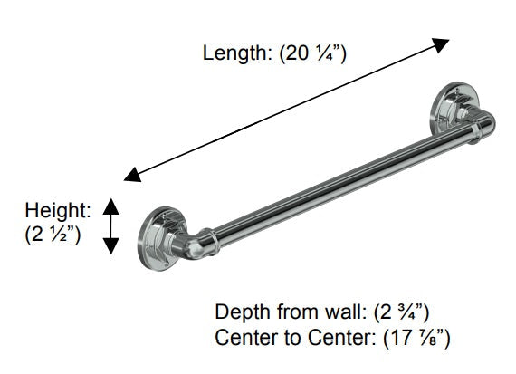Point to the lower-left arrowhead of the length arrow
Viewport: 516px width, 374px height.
point(132,175)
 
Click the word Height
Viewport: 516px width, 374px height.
point(58,210)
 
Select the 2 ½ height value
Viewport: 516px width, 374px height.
point(53,235)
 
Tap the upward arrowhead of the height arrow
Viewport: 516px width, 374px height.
point(110,206)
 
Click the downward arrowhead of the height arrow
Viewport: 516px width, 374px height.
point(110,246)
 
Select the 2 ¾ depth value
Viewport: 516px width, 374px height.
point(401,312)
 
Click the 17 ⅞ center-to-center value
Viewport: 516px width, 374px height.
point(416,338)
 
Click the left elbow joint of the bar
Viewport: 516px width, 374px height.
point(194,244)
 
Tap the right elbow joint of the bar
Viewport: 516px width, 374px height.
point(481,123)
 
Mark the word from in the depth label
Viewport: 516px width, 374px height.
point(299,312)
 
